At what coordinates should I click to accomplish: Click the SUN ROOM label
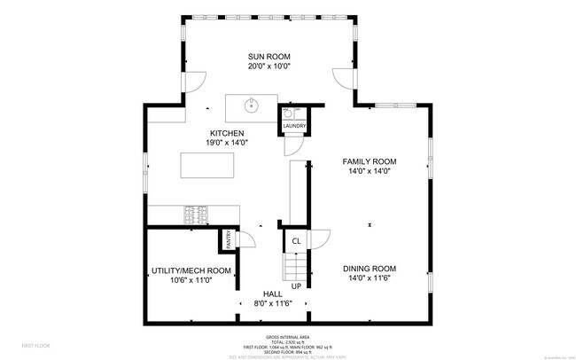[269, 55]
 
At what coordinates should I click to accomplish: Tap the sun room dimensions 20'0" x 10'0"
[269, 66]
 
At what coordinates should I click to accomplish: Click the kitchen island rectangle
[208, 166]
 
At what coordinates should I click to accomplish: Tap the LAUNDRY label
[294, 127]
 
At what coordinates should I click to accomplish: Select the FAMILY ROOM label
[370, 161]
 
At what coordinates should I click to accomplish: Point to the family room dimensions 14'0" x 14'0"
[370, 172]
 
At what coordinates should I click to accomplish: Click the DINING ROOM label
[370, 269]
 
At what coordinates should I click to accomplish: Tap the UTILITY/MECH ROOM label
[190, 270]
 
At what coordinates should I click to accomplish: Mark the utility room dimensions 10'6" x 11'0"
[190, 281]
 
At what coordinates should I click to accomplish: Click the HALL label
[273, 293]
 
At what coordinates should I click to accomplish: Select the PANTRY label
[228, 239]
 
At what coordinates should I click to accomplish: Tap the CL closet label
[296, 240]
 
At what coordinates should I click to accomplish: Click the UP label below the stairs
[296, 286]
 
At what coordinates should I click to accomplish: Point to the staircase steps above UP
[295, 264]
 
